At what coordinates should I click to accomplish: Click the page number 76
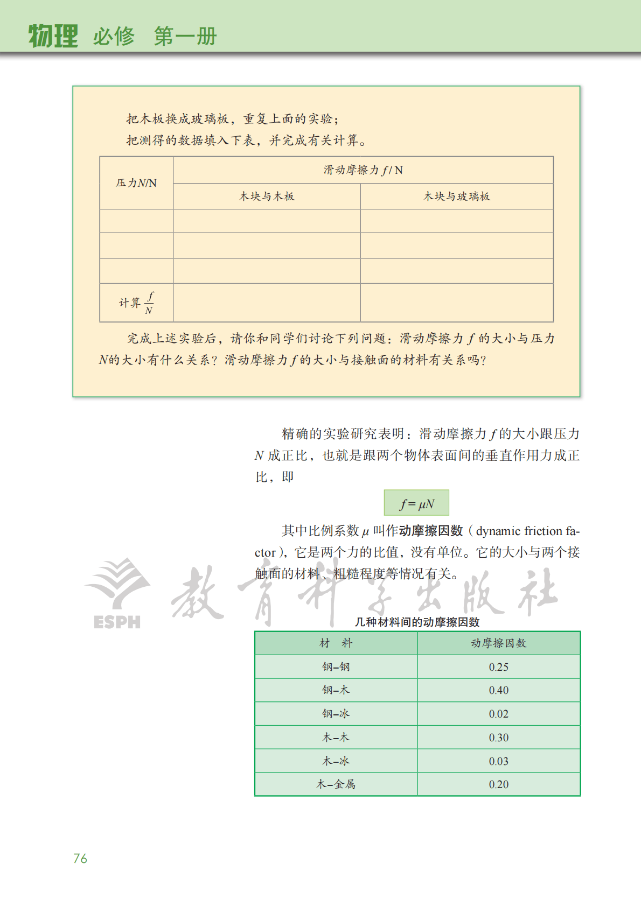pyautogui.click(x=80, y=858)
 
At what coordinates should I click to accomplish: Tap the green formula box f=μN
pyautogui.click(x=416, y=503)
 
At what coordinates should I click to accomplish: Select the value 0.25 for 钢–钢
pyautogui.click(x=498, y=667)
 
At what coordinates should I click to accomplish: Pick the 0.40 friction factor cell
pyautogui.click(x=498, y=690)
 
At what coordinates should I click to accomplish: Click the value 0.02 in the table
pyautogui.click(x=498, y=714)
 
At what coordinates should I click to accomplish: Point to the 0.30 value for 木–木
pyautogui.click(x=498, y=738)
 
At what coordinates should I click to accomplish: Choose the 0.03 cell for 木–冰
pyautogui.click(x=498, y=761)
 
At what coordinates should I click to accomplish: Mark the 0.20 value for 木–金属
pyautogui.click(x=498, y=784)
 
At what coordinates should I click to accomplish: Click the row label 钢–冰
pyautogui.click(x=336, y=714)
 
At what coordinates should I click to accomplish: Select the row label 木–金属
pyautogui.click(x=336, y=784)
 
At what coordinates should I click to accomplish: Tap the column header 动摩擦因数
pyautogui.click(x=498, y=643)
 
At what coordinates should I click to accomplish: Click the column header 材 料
pyautogui.click(x=336, y=643)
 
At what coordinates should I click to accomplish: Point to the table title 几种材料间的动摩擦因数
pyautogui.click(x=417, y=622)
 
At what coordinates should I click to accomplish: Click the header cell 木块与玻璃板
pyautogui.click(x=457, y=196)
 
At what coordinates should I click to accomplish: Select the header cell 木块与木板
pyautogui.click(x=267, y=196)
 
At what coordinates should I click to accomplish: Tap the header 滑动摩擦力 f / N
pyautogui.click(x=363, y=170)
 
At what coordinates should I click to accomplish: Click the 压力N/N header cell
pyautogui.click(x=136, y=183)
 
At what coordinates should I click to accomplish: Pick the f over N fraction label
pyautogui.click(x=149, y=303)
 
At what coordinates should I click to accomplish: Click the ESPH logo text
pyautogui.click(x=117, y=622)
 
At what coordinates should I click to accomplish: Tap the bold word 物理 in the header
pyautogui.click(x=53, y=36)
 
